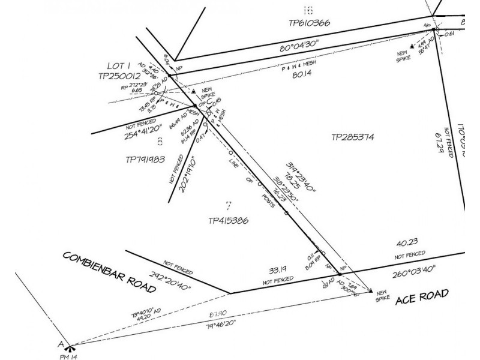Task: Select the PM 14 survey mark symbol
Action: click(70, 347)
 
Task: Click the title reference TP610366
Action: click(308, 23)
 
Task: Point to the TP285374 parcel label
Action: click(353, 137)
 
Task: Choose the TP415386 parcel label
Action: click(228, 220)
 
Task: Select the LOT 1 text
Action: click(118, 65)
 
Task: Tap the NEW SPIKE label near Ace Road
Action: click(383, 295)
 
